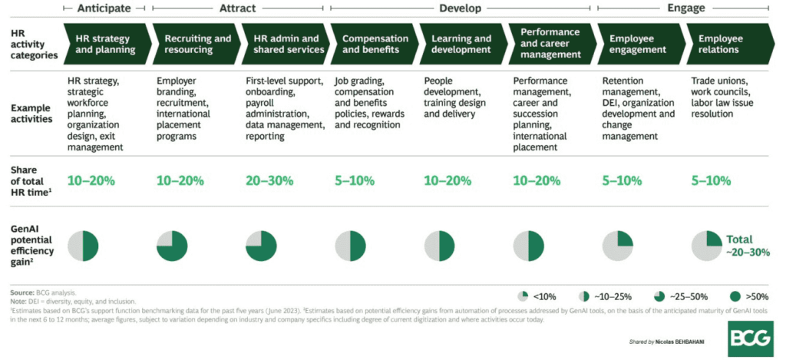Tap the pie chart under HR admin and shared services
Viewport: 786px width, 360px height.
coord(262,246)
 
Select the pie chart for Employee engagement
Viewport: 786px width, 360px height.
coord(618,246)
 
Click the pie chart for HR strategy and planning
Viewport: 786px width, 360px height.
coord(84,246)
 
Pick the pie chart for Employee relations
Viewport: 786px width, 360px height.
coord(707,246)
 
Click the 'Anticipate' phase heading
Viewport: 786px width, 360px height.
coord(107,8)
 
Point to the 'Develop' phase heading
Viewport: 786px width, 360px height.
coord(461,8)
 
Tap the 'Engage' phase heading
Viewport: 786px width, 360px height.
coord(685,8)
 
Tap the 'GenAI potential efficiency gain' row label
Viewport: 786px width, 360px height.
coord(31,245)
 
